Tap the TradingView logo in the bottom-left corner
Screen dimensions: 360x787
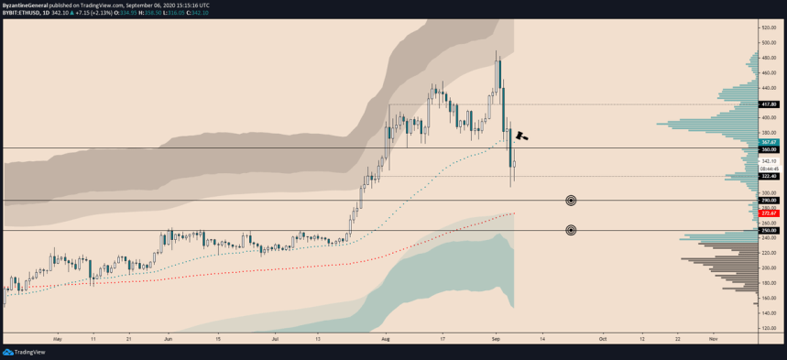25,352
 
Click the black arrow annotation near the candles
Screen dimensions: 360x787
522,135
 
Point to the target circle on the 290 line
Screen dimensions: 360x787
571,200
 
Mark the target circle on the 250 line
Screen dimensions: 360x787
571,230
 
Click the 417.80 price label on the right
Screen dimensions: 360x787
769,104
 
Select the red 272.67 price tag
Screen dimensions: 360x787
769,213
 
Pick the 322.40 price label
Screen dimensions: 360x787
769,176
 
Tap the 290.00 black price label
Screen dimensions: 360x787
769,200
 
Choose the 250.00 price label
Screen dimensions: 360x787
769,231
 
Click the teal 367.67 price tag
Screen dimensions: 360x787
769,143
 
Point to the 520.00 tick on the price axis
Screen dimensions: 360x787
769,27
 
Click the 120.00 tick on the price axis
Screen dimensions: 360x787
769,328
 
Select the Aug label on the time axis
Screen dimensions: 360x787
385,338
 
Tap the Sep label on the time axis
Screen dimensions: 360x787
496,338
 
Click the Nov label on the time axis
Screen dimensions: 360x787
712,338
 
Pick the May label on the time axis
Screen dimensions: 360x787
57,338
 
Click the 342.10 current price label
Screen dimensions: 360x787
769,161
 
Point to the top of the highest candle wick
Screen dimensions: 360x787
497,51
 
